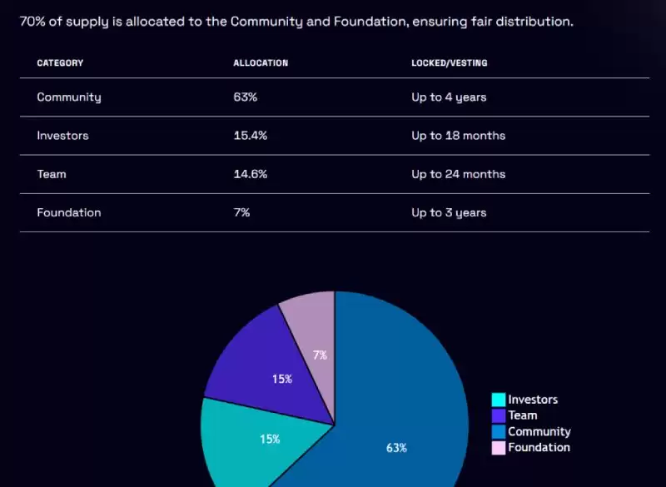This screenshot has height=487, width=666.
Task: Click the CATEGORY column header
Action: (x=60, y=63)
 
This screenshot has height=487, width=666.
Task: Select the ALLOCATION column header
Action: (x=261, y=63)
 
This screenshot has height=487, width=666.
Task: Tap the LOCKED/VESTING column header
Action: (x=450, y=63)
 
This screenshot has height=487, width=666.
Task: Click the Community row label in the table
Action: (x=69, y=97)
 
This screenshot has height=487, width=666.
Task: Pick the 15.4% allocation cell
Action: (x=250, y=136)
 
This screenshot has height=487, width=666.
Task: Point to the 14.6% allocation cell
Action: (x=250, y=174)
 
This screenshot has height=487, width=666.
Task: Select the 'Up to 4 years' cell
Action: (x=449, y=97)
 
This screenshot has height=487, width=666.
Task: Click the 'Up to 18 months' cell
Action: (x=458, y=136)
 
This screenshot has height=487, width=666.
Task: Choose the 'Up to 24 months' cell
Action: (x=458, y=174)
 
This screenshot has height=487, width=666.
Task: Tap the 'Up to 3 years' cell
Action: (x=449, y=212)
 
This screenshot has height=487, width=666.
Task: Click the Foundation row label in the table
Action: (x=69, y=212)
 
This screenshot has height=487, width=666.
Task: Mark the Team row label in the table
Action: (x=52, y=174)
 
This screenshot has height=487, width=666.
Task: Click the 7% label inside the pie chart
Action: (x=320, y=355)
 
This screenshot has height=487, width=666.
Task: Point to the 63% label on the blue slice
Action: (x=396, y=448)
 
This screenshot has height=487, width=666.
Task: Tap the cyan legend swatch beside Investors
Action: (x=499, y=400)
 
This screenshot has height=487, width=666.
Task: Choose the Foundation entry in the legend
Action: (x=539, y=448)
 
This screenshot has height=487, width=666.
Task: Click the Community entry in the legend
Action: (x=539, y=432)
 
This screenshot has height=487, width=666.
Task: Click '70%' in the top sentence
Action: (x=33, y=21)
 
